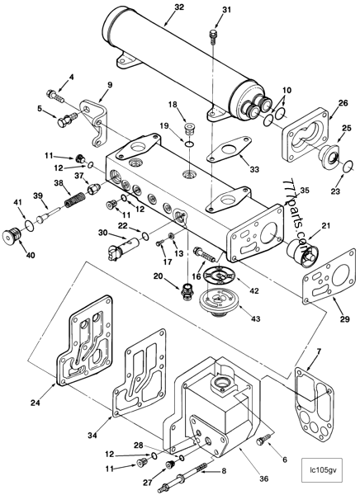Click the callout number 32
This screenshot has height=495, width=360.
179,7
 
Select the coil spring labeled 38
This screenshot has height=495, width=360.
75,200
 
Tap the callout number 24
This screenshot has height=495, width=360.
36,403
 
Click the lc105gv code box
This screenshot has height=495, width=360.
322,469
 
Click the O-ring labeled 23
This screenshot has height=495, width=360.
348,166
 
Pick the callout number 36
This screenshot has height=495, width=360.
264,478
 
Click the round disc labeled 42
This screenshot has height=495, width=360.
220,276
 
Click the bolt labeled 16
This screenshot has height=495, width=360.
205,254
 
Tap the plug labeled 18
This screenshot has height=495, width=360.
188,130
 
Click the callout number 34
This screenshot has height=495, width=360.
92,436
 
